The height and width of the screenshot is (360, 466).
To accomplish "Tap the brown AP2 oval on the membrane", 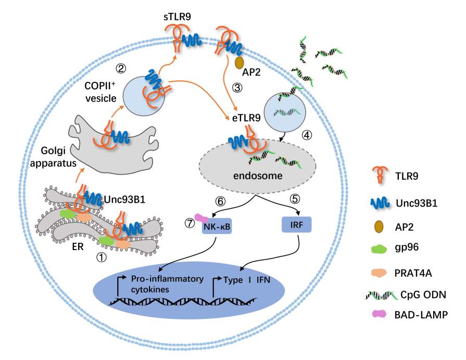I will (240, 63).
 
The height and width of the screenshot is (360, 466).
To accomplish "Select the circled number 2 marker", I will (120, 68).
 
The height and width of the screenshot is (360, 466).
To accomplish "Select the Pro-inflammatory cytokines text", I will (159, 283).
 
